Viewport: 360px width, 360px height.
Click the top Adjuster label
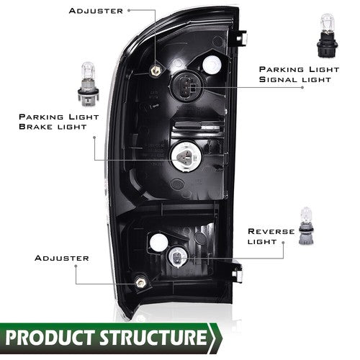(96, 11)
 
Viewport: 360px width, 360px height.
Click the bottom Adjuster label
(62, 258)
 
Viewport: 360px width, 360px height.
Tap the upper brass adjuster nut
(156, 70)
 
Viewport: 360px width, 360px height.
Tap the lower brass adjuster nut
(140, 282)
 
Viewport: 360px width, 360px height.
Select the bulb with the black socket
(327, 35)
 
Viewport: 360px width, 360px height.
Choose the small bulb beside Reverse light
(307, 226)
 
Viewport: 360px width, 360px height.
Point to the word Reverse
(271, 231)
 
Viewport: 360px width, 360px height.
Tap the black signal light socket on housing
(187, 87)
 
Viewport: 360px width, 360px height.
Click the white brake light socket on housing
(186, 157)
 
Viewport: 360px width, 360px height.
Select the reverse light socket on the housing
(179, 258)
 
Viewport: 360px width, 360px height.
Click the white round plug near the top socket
(212, 64)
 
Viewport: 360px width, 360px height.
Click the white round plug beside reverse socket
(158, 242)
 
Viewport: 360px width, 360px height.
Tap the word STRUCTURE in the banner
(153, 337)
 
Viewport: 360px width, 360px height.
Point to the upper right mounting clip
(241, 38)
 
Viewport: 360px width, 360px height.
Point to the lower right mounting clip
(237, 272)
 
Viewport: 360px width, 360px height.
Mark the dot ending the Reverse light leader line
(283, 243)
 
